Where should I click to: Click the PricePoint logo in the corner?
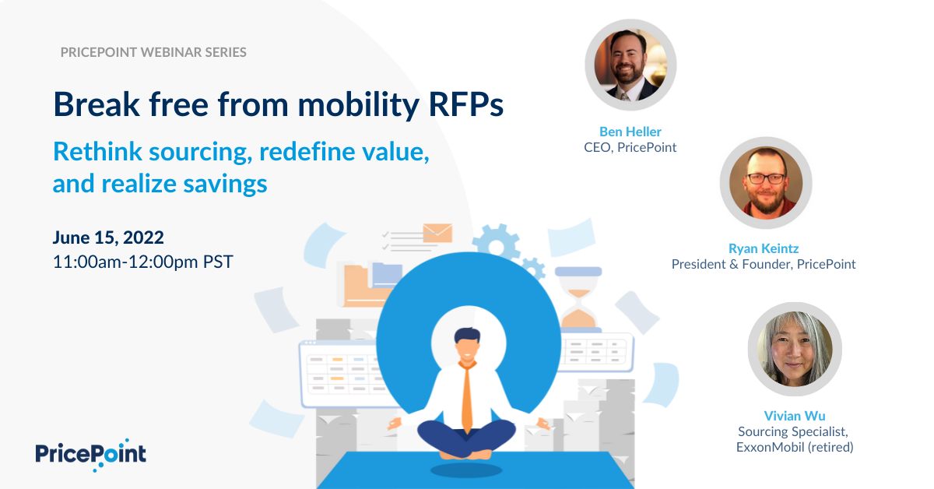coord(90,455)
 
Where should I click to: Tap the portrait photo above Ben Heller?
coord(630,65)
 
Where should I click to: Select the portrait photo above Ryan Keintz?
coord(766,183)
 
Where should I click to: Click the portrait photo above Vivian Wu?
coord(795,349)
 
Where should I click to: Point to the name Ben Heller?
coord(630,132)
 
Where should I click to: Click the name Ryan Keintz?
coord(764,248)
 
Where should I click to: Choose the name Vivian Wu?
coord(795,416)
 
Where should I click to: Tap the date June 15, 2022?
coord(108,237)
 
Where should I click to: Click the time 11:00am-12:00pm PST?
coord(143,262)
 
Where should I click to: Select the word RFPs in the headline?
coord(465,104)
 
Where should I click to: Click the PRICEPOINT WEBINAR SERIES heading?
coord(153,52)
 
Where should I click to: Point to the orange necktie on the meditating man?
coord(468,396)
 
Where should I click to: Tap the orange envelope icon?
coord(437,233)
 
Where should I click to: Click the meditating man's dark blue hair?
coord(468,335)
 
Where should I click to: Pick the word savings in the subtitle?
coord(225,184)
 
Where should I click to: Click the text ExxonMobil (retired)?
coord(795,447)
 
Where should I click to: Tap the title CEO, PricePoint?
coord(630,147)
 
